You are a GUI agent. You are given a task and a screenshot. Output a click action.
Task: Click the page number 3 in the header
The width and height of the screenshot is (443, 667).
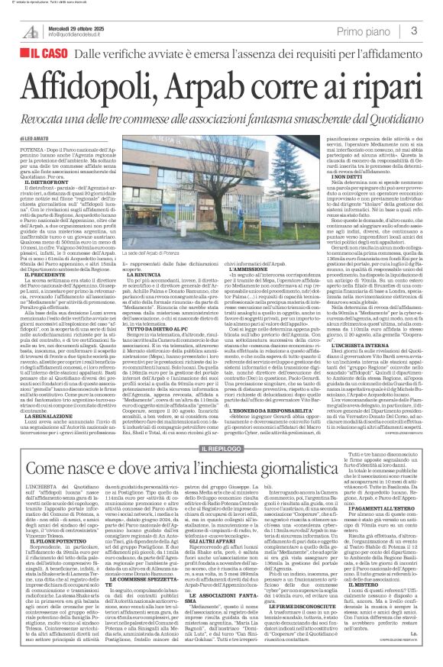pos(413,31)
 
